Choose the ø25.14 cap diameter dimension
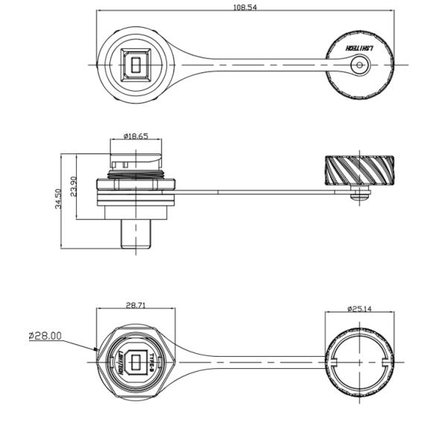[x=361, y=308]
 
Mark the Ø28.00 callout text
[x=45, y=336]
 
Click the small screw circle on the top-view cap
[x=361, y=66]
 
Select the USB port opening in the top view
[x=135, y=66]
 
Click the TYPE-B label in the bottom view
[x=151, y=363]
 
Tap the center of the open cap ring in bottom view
[x=361, y=363]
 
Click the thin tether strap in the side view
[x=261, y=193]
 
